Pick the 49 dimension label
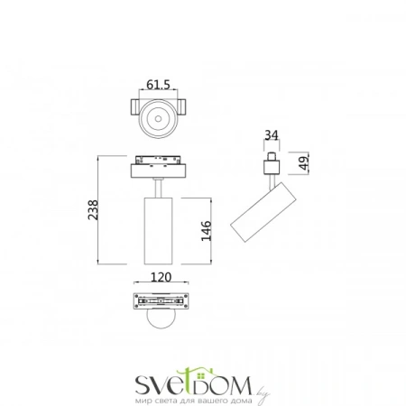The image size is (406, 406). tap(305, 162)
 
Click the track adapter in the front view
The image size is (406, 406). tap(161, 167)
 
